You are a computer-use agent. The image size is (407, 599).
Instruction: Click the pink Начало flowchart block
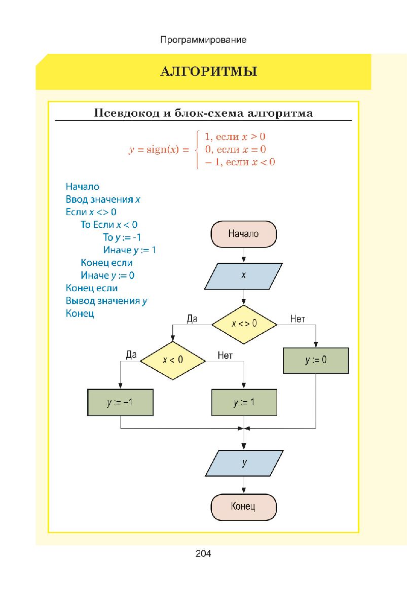[x=243, y=234]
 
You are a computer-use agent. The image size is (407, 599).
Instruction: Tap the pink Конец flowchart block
[x=243, y=506]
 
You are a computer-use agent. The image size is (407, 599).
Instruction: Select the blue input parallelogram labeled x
[x=244, y=275]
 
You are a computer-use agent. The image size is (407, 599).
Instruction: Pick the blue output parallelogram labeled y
[x=244, y=463]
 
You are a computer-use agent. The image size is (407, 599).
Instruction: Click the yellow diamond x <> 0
[x=244, y=323]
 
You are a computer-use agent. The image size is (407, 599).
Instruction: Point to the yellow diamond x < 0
[x=172, y=360]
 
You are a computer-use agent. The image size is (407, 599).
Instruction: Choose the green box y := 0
[x=315, y=360]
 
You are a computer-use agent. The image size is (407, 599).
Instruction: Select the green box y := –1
[x=120, y=403]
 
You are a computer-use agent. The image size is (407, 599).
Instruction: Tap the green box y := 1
[x=244, y=403]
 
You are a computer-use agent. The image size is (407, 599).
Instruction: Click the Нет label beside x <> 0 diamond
[x=298, y=319]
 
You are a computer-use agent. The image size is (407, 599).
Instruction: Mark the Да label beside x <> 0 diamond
[x=192, y=319]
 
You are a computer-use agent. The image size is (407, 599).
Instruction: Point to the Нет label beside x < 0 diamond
[x=225, y=356]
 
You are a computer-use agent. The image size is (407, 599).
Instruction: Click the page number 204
[x=203, y=553]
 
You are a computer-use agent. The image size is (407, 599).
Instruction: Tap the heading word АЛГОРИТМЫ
[x=209, y=72]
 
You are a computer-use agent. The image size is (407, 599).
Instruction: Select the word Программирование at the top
[x=203, y=40]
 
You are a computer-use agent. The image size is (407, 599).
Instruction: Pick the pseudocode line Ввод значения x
[x=103, y=199]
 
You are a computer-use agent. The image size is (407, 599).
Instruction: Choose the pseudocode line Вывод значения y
[x=106, y=301]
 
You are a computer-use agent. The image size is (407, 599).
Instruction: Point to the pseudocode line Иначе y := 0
[x=107, y=275]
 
